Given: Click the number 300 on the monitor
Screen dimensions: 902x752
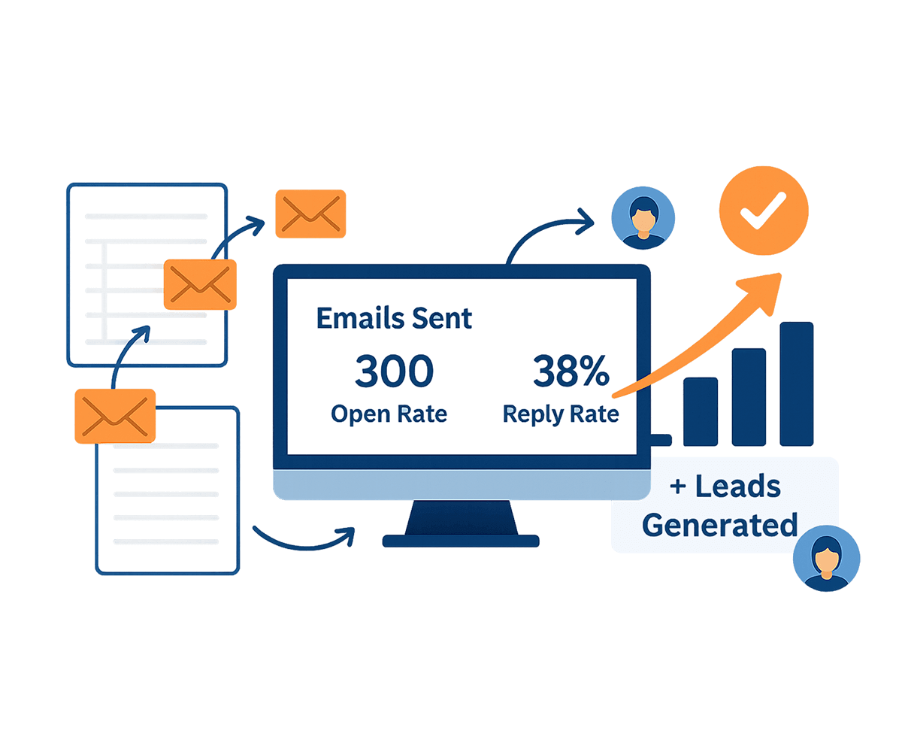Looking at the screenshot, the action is click(x=394, y=371).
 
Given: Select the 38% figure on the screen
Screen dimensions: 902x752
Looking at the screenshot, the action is click(x=571, y=371).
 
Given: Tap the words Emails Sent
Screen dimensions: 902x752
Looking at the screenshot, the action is click(x=394, y=318).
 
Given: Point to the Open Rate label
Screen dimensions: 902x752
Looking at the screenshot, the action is click(x=389, y=414).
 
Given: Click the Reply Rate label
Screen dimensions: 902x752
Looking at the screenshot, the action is click(x=561, y=414).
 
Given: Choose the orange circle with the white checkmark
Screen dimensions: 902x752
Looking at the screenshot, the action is click(x=764, y=211).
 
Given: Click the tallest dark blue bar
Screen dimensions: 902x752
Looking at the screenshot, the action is click(x=796, y=384).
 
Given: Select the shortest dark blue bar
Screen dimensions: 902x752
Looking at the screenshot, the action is click(x=701, y=411).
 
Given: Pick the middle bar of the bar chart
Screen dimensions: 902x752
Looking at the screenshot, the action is click(x=749, y=397).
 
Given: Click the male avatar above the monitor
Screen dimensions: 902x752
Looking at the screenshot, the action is click(x=643, y=218).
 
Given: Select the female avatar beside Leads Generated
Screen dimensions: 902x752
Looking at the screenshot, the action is click(x=826, y=559).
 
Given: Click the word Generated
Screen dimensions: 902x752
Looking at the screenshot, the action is click(x=719, y=525).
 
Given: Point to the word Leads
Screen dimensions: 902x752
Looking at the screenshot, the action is click(x=738, y=486).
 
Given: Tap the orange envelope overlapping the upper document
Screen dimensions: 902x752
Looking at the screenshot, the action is click(x=200, y=284).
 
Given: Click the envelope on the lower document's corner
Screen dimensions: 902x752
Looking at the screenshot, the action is click(x=115, y=416).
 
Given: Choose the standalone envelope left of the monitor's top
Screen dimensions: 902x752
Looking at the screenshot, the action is click(x=310, y=214).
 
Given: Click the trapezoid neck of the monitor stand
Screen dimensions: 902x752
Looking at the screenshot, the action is click(x=461, y=517).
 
